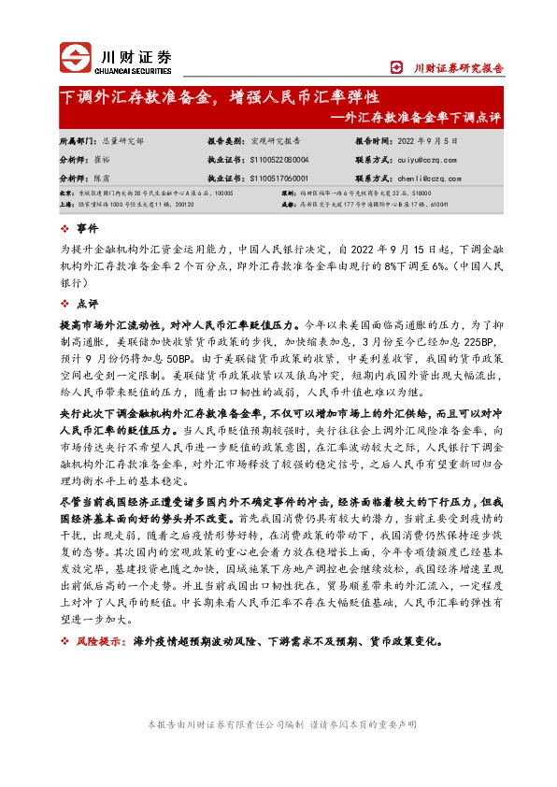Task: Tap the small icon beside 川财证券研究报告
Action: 421,67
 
